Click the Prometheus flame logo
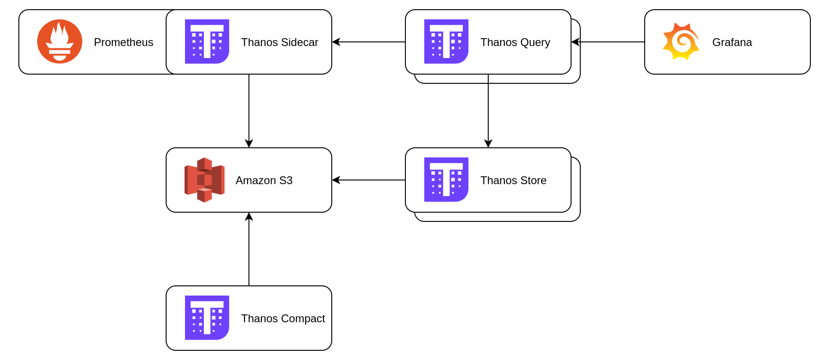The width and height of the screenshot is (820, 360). pos(59,41)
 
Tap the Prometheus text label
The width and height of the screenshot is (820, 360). pos(123,42)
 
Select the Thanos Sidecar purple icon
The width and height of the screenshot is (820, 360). pos(207,41)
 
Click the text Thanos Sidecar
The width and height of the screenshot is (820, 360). pos(279,42)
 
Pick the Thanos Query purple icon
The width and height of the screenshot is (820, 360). pos(446,41)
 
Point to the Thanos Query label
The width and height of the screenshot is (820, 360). pos(515,42)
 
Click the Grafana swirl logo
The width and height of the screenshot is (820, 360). pos(681,41)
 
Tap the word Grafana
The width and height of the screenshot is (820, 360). pos(732,42)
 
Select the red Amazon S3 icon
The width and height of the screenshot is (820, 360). pos(204,180)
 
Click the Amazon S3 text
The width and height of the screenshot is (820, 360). pos(264,180)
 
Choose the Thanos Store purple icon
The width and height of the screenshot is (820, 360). pos(446,180)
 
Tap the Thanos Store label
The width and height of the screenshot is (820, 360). pos(513,180)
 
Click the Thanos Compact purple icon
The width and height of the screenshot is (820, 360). pos(207,318)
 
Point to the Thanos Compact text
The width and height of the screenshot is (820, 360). pos(283,319)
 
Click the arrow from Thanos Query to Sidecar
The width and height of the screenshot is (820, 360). pos(368,42)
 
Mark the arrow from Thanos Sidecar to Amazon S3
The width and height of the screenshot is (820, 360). pos(249,110)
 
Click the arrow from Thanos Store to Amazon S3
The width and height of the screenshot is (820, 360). pos(368,180)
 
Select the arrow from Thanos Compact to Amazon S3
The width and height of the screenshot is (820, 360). pos(249,249)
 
